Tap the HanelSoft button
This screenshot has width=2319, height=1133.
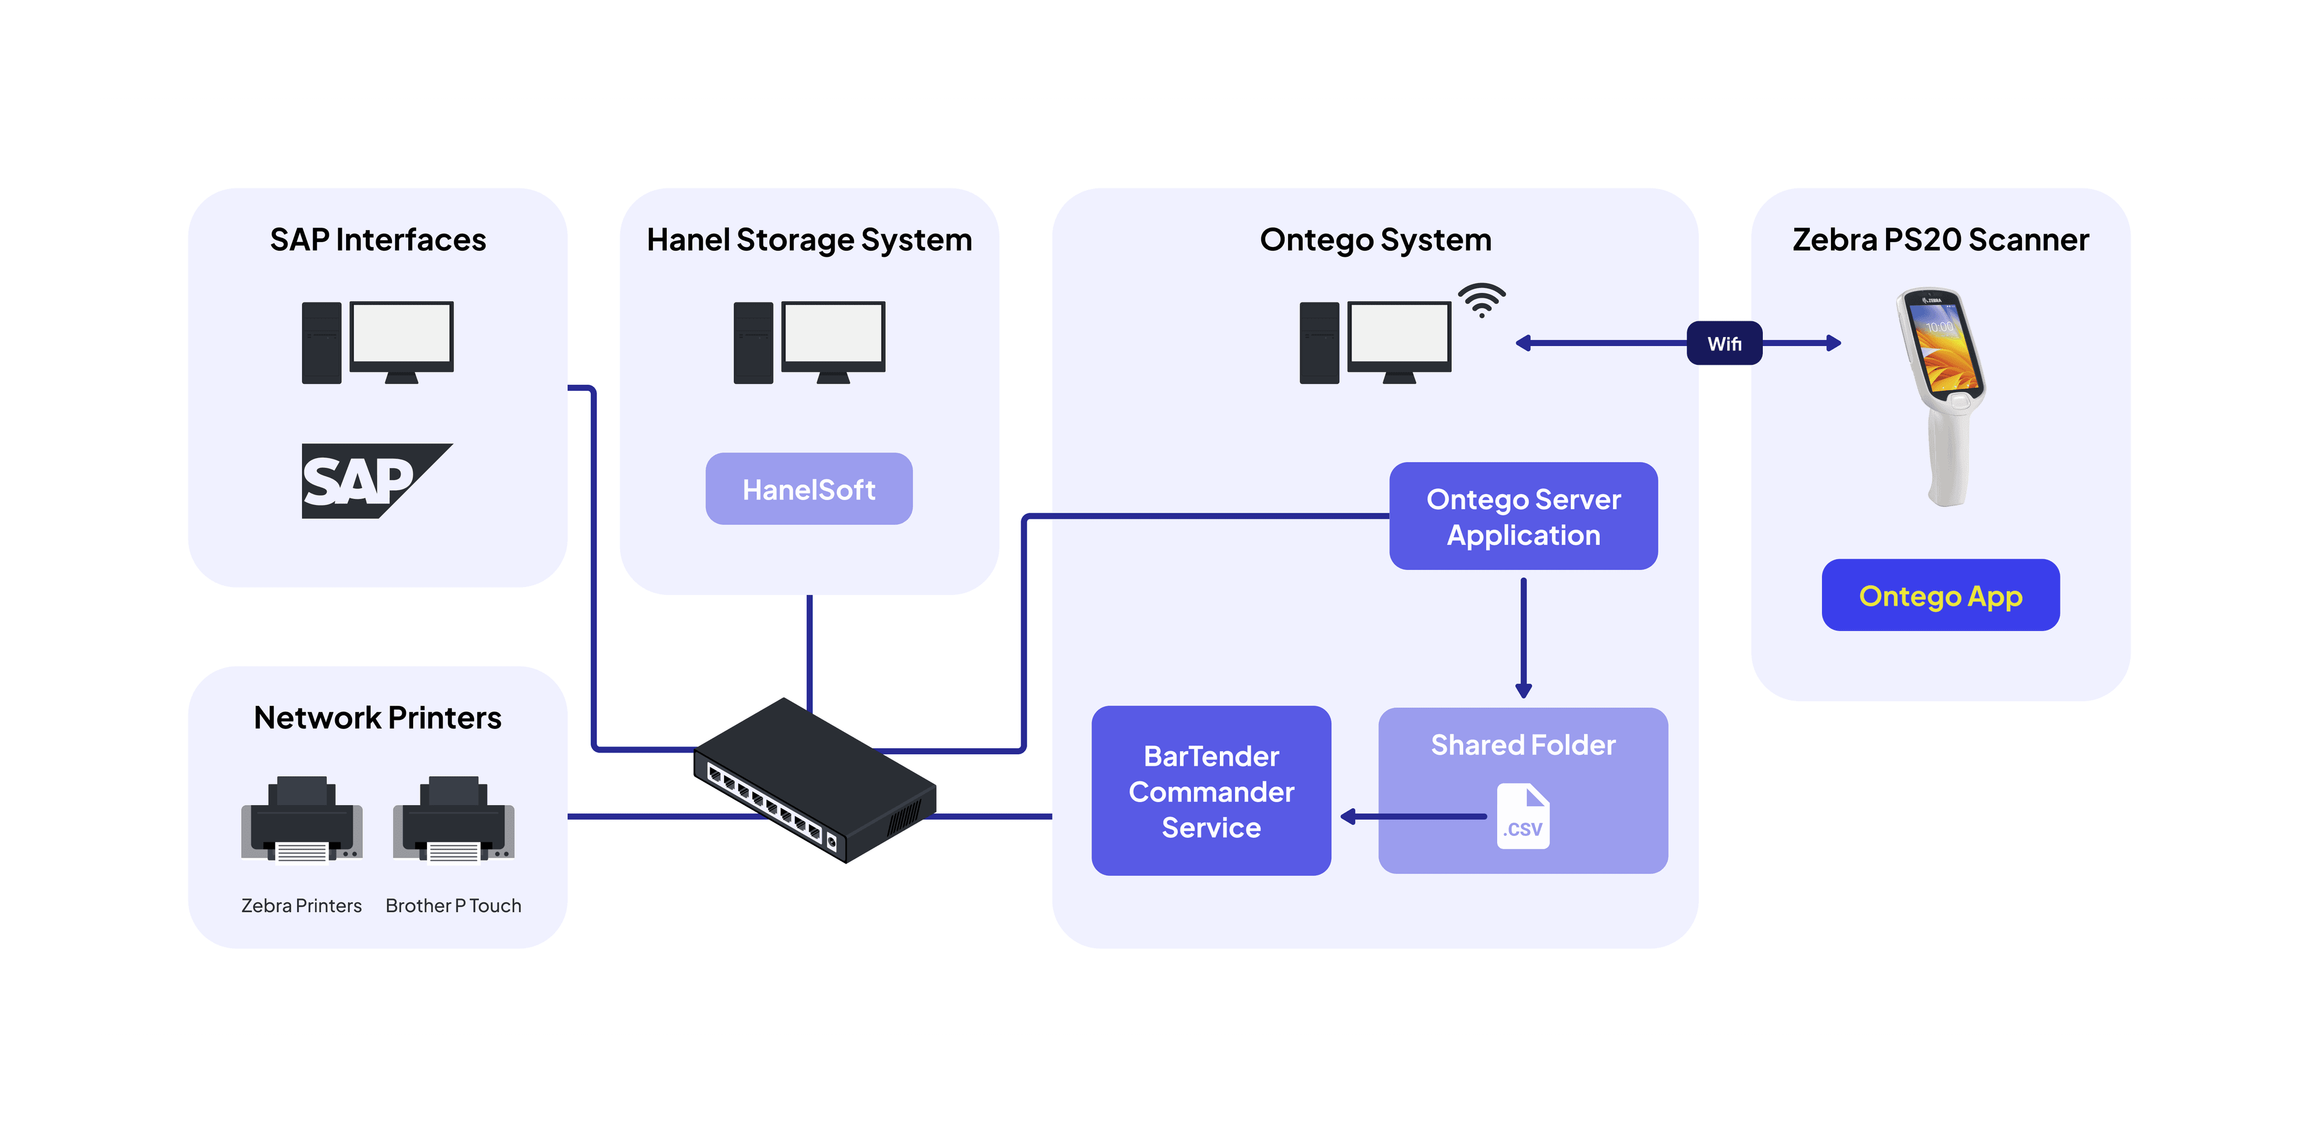[809, 489]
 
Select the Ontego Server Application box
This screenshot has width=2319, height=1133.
[1522, 516]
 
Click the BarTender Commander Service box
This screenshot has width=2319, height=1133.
[1211, 791]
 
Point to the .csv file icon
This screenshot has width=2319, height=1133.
[1522, 816]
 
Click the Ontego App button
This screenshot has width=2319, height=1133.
[1940, 595]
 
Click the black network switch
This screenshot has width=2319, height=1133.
[814, 780]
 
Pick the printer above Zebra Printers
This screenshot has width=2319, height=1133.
[301, 820]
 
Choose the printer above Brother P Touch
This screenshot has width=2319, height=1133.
[453, 820]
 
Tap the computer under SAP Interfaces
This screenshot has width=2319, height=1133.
[377, 343]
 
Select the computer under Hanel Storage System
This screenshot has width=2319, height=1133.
[809, 343]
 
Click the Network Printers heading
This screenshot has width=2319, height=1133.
[377, 718]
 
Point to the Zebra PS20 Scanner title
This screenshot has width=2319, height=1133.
[1940, 240]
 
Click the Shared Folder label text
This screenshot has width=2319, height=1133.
[1522, 745]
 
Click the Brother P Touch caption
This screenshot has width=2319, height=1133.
[453, 905]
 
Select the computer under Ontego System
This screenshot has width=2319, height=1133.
[1374, 343]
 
